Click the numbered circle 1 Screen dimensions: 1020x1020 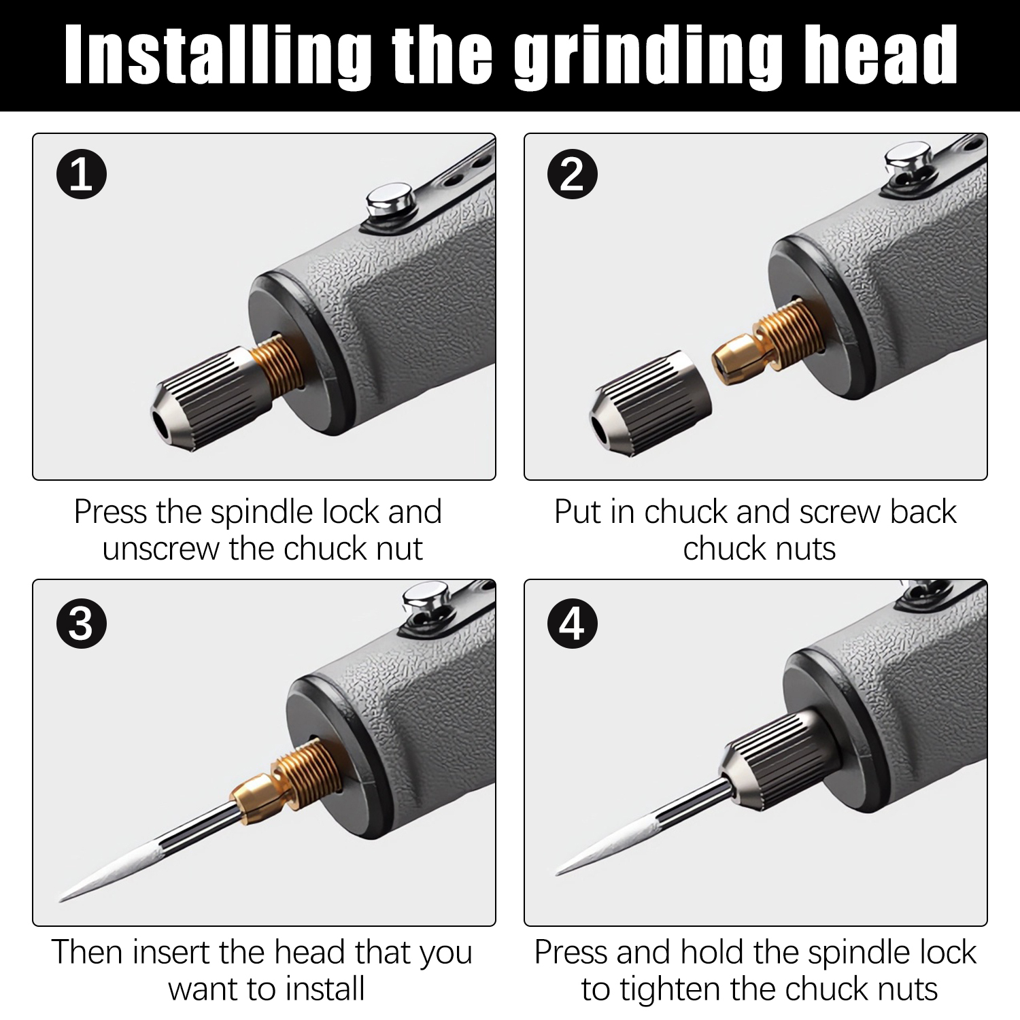[81, 174]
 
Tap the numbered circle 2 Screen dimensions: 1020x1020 [573, 174]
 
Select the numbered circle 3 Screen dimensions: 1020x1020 [81, 622]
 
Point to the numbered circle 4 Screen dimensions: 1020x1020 [573, 622]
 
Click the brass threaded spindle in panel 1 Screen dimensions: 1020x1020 [278, 371]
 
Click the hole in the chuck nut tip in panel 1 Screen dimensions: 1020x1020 [160, 423]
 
